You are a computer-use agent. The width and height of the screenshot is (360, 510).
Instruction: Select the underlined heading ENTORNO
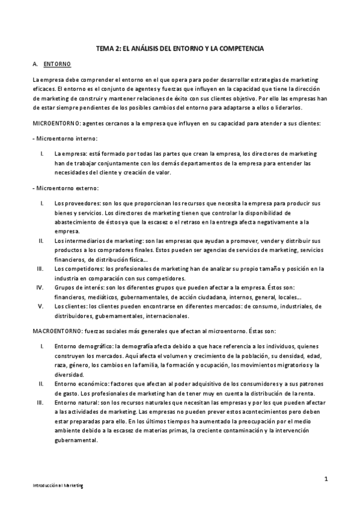coord(58,64)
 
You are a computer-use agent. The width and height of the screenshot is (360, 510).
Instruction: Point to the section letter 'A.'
coord(35,64)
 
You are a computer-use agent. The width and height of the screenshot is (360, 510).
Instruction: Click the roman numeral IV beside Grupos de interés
coord(41,287)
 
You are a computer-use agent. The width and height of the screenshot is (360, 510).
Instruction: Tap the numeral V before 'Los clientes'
coord(41,306)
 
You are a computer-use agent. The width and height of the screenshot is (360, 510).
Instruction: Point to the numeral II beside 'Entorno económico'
coord(41,383)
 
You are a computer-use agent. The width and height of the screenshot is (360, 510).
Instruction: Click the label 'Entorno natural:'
coord(75,402)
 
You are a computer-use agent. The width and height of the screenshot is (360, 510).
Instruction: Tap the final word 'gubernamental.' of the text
coord(75,439)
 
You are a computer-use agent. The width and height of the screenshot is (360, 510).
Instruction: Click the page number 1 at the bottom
coord(325,479)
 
